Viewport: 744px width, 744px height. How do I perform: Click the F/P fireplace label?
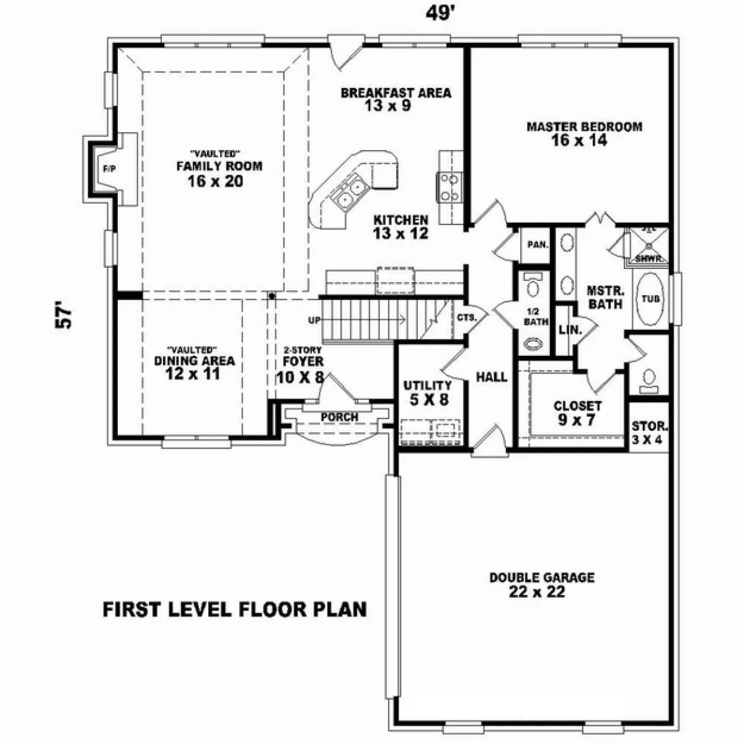click(x=110, y=169)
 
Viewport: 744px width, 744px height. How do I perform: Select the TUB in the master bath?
click(x=650, y=298)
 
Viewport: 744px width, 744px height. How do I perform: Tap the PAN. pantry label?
click(x=538, y=244)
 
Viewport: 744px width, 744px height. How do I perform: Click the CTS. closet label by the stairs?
click(x=466, y=318)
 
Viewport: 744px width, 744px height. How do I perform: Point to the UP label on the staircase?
click(x=314, y=320)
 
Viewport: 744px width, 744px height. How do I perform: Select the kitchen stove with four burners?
click(x=449, y=187)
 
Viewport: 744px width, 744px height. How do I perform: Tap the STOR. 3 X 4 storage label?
click(x=649, y=433)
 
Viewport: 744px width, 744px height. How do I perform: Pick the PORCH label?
click(x=339, y=417)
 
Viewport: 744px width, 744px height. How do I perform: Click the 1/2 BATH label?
click(x=536, y=316)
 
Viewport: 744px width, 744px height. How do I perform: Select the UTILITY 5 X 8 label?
click(x=428, y=393)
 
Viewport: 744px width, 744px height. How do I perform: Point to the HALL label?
click(x=492, y=377)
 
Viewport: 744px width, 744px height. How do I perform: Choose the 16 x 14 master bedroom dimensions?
click(x=578, y=140)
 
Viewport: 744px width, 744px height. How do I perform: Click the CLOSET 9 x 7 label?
click(x=577, y=413)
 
